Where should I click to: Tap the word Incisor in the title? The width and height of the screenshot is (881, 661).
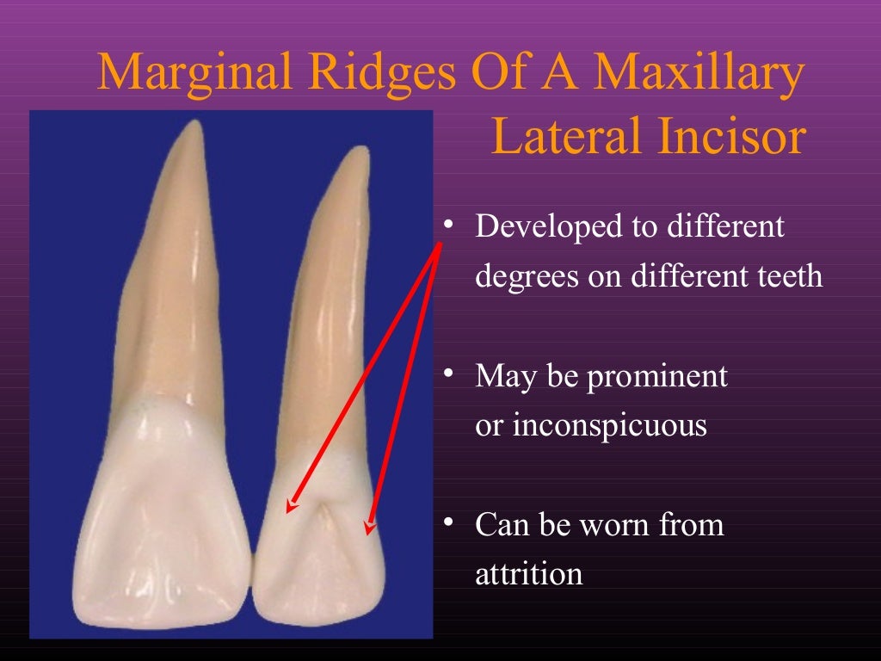[x=743, y=138]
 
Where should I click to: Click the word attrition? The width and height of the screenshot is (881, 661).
[x=529, y=574]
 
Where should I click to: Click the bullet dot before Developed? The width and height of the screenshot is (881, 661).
[x=448, y=225]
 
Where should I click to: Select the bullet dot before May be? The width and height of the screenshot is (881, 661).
[x=448, y=374]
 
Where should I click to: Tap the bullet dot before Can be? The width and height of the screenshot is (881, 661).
[x=448, y=523]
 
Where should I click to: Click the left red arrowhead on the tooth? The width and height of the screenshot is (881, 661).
[x=291, y=508]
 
